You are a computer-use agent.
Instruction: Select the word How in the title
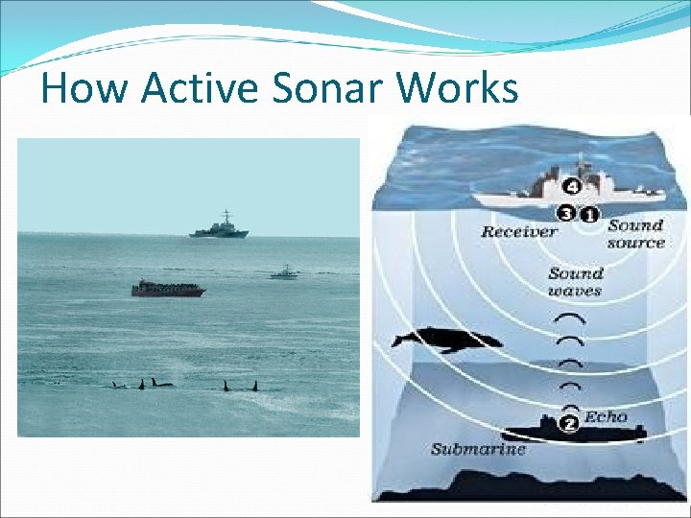[83, 88]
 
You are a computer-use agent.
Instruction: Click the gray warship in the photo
[219, 230]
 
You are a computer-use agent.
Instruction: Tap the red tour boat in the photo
[168, 288]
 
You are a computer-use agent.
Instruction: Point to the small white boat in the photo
[284, 273]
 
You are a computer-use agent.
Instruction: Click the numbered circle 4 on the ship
[572, 186]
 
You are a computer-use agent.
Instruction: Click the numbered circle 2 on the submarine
[569, 423]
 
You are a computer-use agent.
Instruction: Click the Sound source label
[635, 234]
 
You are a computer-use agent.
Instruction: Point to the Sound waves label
[575, 281]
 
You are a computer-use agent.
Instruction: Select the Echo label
[606, 416]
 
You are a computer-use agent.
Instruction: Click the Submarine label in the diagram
[478, 449]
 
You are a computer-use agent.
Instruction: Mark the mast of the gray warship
[226, 217]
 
